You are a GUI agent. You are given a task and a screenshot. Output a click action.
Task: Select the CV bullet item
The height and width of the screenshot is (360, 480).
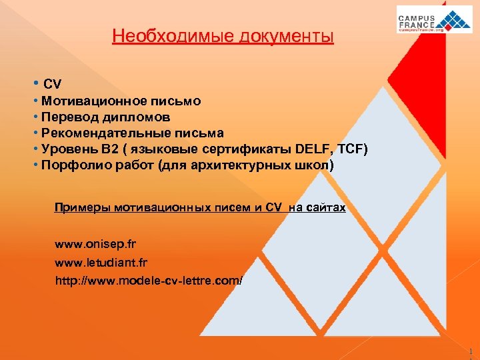click(x=52, y=84)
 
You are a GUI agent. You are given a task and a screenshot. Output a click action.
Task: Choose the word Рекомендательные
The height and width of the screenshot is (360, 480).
click(x=99, y=133)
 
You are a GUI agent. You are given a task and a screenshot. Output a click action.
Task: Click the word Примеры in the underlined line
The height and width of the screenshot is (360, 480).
click(x=83, y=208)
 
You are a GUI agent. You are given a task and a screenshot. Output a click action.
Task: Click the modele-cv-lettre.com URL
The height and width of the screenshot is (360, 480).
click(x=149, y=281)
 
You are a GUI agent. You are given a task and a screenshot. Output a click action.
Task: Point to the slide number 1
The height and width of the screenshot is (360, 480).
click(x=470, y=351)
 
